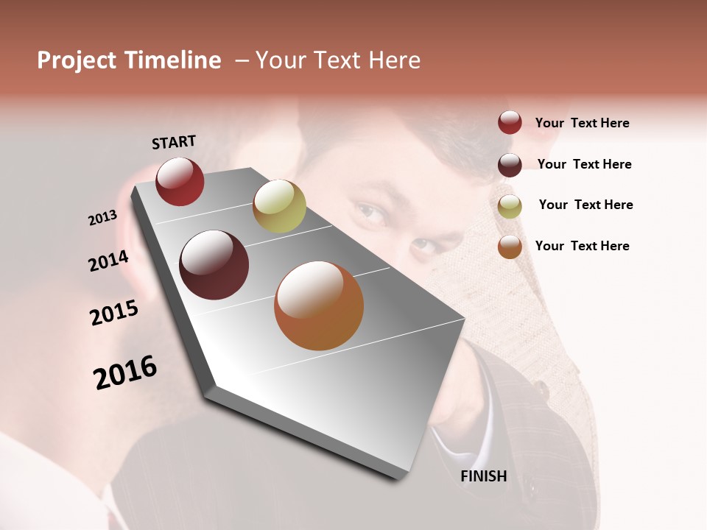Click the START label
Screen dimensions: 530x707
tap(174, 142)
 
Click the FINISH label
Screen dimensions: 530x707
tap(484, 476)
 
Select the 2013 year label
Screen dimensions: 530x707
tap(102, 218)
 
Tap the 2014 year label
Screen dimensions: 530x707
tap(108, 261)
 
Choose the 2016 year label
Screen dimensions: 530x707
tap(125, 372)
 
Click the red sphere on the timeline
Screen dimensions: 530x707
tap(180, 181)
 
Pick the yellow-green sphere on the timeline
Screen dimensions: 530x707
tap(279, 205)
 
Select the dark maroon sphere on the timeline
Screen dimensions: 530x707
tap(214, 265)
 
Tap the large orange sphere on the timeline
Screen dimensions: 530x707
tap(319, 305)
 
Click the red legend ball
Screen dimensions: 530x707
tap(510, 123)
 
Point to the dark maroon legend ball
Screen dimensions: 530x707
tap(510, 165)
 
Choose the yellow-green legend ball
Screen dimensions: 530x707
tap(510, 206)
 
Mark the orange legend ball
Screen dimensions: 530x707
tap(510, 247)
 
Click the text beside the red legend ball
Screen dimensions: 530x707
tap(582, 124)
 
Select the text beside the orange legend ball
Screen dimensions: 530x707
tap(582, 246)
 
